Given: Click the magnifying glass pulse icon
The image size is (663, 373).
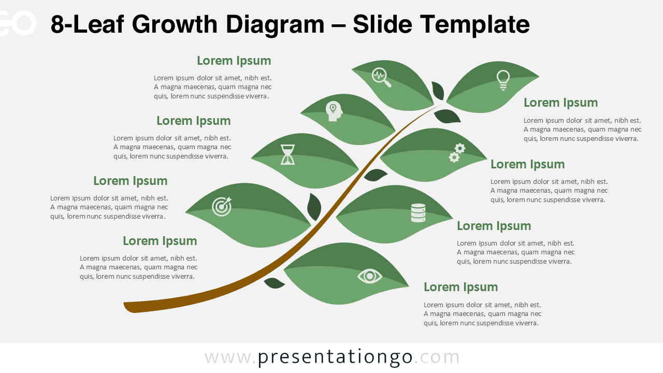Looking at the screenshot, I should coord(381,77).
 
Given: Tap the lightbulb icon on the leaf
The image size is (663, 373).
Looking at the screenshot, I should coord(503,80).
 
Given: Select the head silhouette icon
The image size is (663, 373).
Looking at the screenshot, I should coord(334,111).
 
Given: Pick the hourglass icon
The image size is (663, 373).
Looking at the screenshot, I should coord(288,154).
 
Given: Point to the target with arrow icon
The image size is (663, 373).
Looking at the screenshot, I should coord(222,206).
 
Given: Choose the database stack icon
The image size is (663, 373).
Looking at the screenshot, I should coord(418,212).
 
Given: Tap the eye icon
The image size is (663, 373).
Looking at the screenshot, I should coord(369,276).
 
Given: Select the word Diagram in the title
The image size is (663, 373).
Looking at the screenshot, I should coord(281,24).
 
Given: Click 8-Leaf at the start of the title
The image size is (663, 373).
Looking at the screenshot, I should coord(85,24).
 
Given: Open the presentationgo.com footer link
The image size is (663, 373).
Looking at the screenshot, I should coord(332,357).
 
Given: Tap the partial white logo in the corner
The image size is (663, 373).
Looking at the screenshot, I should coord(18,23).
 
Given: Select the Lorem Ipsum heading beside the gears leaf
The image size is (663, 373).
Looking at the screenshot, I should coord(527,164).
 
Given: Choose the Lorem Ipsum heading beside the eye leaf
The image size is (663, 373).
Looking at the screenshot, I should coord(460,287).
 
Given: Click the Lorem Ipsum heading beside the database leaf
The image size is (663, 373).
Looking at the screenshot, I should coord(494,226).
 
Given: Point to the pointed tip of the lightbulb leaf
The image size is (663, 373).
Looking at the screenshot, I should coord(538,77).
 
